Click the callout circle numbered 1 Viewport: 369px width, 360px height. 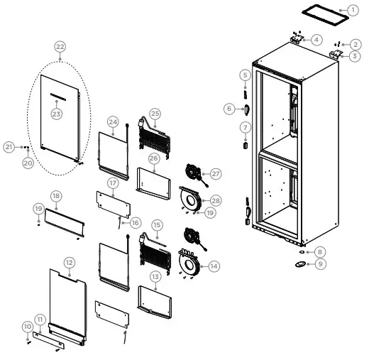coord(353,11)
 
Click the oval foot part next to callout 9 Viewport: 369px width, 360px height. coord(301,264)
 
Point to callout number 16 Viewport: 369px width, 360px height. coord(135,222)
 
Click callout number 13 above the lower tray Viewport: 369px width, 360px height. coord(154,276)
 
